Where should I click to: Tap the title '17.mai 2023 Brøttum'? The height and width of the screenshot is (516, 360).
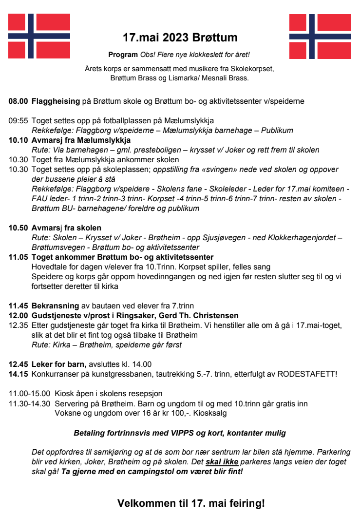180,38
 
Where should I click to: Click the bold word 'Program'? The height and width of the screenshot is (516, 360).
123,54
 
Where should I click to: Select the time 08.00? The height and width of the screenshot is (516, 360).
18,101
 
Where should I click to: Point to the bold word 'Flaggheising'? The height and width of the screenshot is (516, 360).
56,101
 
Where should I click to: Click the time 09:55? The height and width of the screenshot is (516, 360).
18,121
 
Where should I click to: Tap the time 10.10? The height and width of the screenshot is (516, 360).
18,140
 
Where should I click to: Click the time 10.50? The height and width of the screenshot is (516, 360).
18,228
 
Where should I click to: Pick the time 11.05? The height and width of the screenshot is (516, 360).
18,257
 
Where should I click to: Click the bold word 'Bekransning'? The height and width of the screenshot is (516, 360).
55,306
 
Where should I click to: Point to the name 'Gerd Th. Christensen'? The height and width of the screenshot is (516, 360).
201,316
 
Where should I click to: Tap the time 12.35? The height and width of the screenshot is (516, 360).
18,325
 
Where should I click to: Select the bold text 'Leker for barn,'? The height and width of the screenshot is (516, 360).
59,364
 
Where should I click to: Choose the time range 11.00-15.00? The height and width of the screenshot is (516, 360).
30,394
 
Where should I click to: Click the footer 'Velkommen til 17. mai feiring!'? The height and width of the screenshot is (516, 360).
191,503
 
